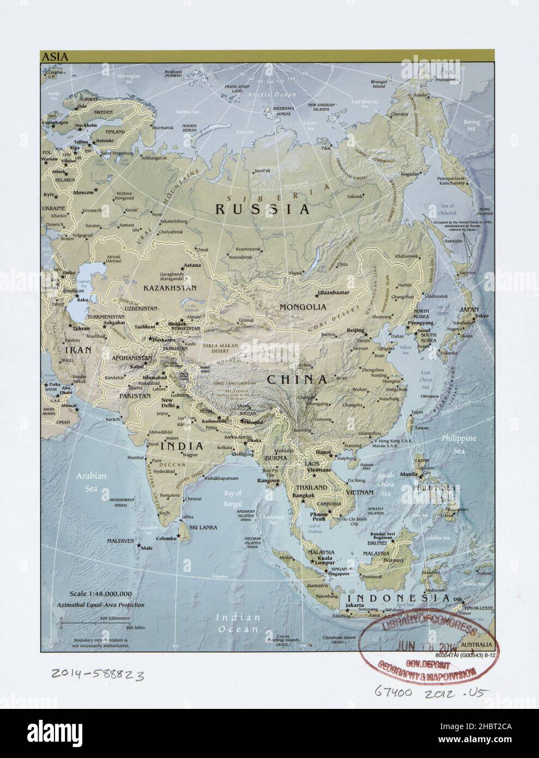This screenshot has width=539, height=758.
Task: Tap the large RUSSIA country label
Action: (x=263, y=208)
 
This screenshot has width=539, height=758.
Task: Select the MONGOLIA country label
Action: (x=303, y=307)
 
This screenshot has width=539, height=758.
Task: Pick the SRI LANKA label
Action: (x=203, y=527)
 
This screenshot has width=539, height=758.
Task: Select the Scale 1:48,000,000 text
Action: (x=100, y=593)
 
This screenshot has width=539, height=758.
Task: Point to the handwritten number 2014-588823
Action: (x=96, y=675)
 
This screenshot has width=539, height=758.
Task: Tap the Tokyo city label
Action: (x=480, y=316)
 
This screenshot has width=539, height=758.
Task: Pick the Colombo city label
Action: (x=167, y=538)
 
